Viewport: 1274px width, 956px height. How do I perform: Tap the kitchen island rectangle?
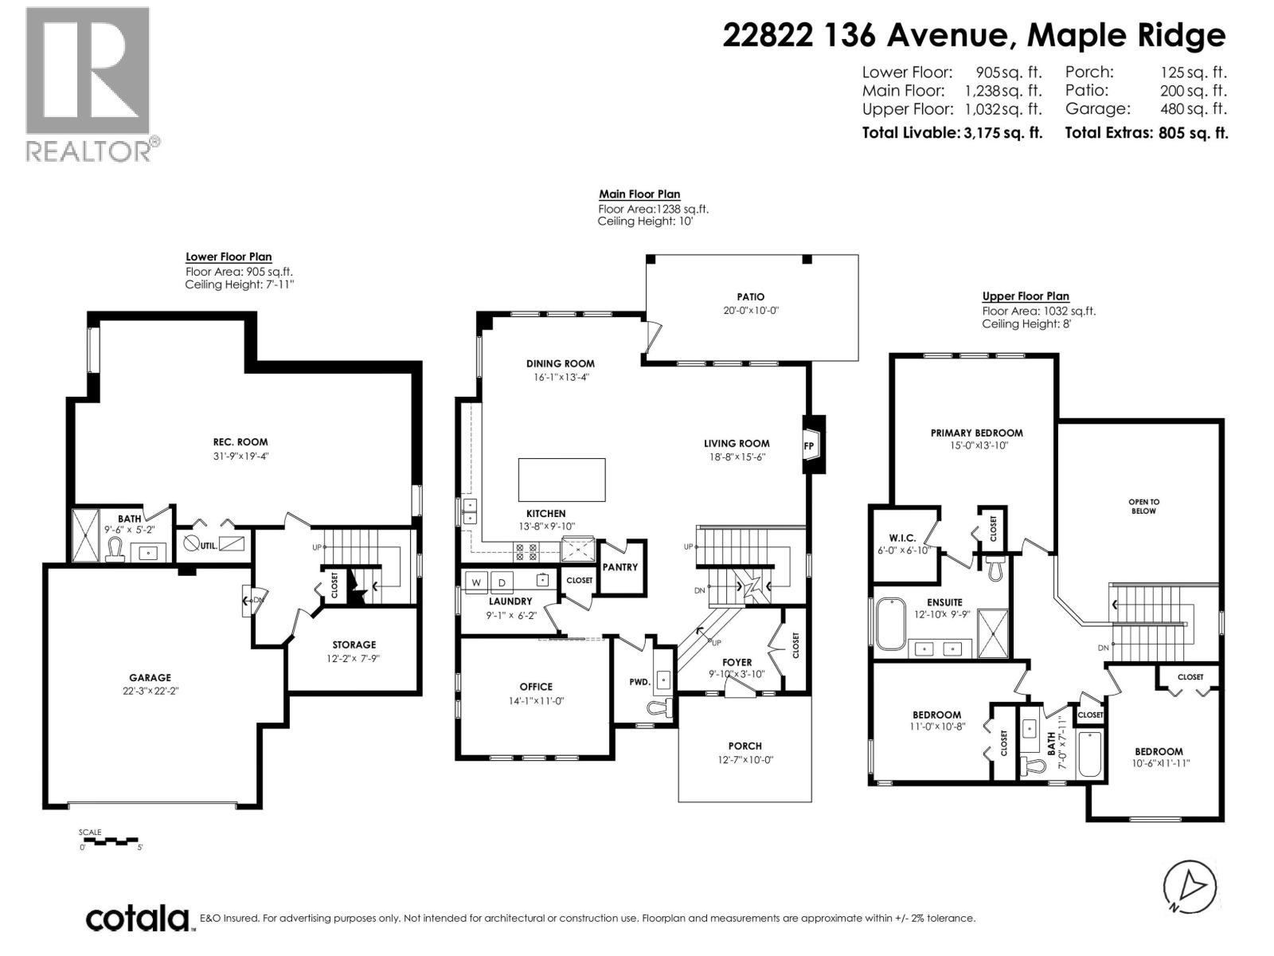pos(561,480)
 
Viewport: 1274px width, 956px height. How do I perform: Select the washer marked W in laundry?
pos(476,582)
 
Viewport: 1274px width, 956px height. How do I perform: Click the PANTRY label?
pos(620,567)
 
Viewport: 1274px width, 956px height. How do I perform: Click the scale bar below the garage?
pos(109,841)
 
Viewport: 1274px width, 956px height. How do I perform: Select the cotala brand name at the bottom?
pos(137,919)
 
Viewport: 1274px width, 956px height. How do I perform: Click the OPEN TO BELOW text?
pos(1143,506)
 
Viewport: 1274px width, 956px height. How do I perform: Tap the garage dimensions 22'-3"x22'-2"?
pos(150,692)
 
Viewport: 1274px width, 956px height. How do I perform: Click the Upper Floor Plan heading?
pos(1025,296)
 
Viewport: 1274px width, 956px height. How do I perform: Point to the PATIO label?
pos(750,297)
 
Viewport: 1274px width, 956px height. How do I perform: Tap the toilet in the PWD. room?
pos(658,706)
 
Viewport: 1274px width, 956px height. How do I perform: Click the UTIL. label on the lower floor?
pos(209,546)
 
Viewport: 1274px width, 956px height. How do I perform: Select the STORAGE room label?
pos(354,645)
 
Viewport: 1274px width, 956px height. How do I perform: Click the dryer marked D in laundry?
pos(502,582)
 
